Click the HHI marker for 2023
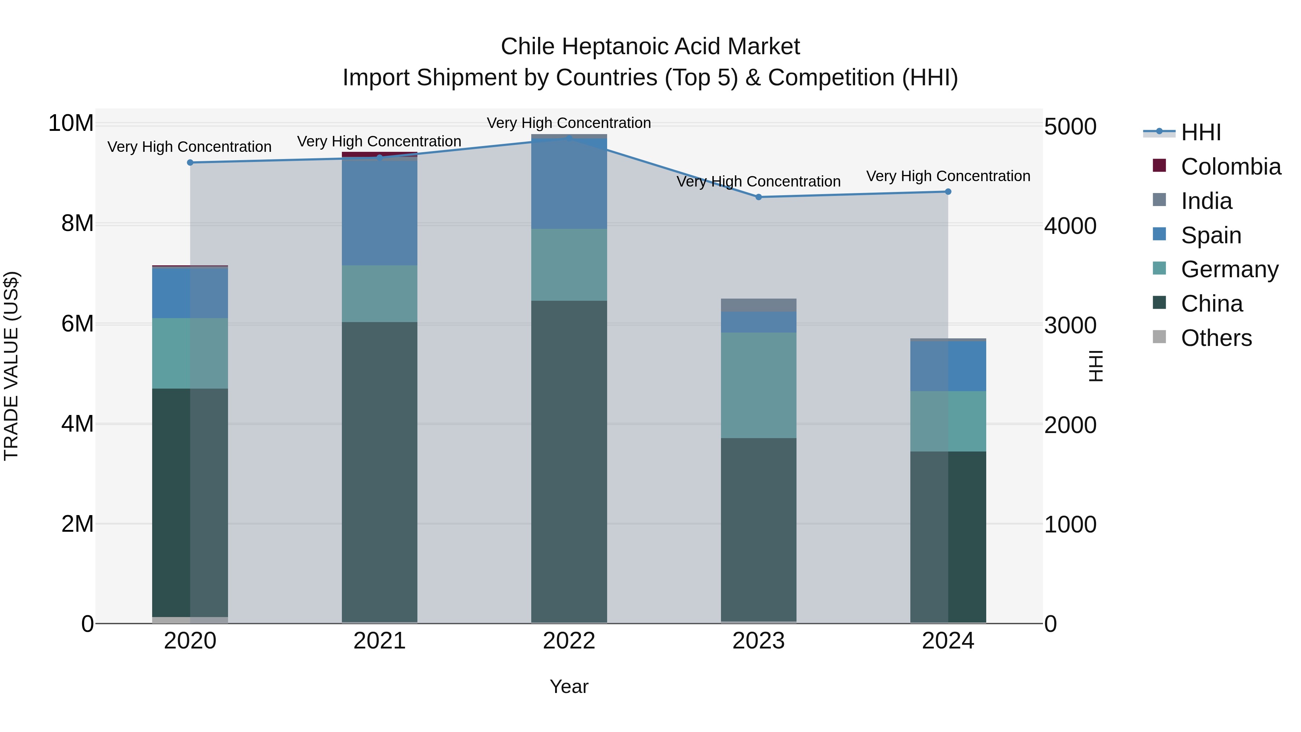(759, 197)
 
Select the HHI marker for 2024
(948, 192)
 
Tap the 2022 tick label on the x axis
(569, 641)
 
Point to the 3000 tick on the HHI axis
(1070, 326)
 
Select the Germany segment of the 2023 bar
(759, 385)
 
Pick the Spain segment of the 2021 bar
(380, 212)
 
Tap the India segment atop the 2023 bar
(759, 305)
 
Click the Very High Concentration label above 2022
(569, 123)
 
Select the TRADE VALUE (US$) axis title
(11, 366)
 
